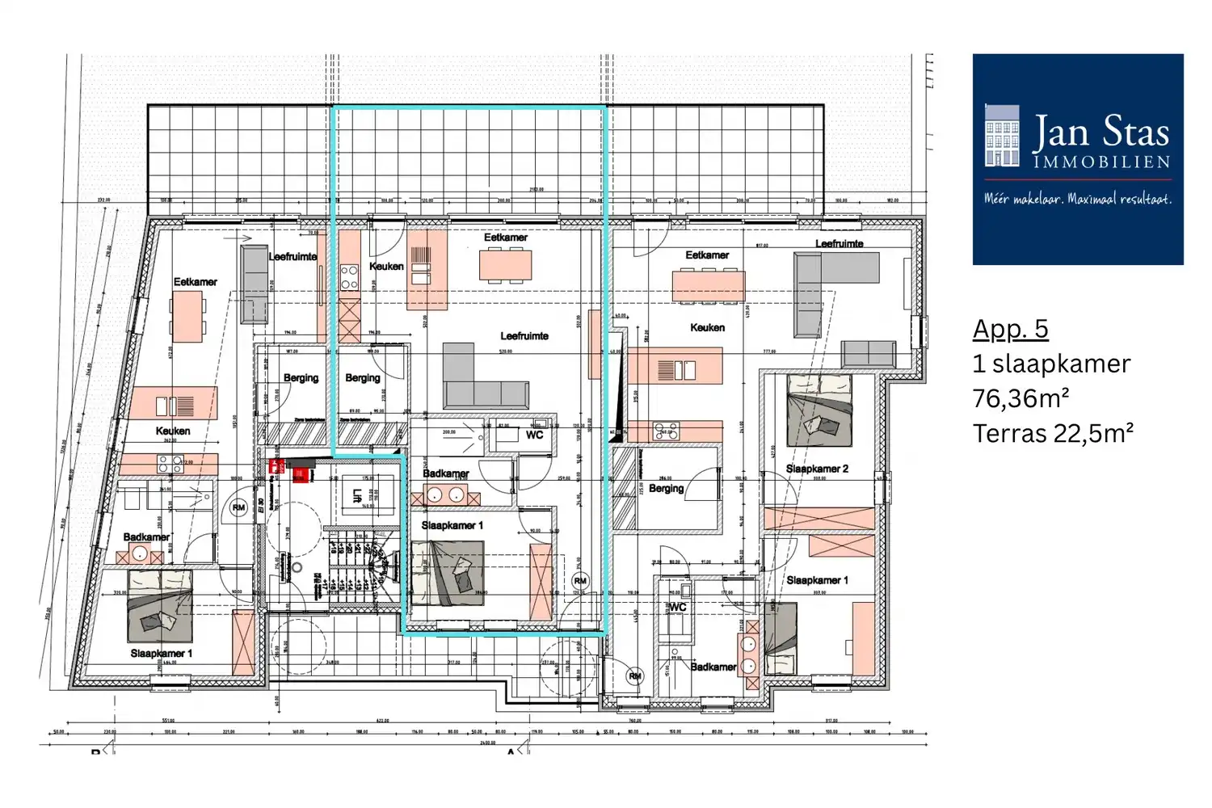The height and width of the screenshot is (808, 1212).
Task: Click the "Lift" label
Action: (357, 496)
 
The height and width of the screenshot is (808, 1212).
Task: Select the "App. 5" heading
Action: (1010, 329)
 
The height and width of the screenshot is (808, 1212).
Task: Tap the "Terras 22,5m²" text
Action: (1053, 434)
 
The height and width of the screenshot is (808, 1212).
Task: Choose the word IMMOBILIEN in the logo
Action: (1102, 162)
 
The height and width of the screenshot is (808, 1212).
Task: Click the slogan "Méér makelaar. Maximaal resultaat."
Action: (1077, 199)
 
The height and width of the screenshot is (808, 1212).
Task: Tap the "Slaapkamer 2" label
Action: (817, 469)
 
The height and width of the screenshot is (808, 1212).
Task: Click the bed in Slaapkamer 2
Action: (819, 410)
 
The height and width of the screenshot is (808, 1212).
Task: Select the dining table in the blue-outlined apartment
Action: (506, 264)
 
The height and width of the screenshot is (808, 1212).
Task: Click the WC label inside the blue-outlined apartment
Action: (535, 435)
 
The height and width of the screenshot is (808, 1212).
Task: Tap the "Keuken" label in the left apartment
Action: (173, 431)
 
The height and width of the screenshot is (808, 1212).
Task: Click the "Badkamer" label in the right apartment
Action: (713, 667)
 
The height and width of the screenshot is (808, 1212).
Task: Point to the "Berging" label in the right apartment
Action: (666, 488)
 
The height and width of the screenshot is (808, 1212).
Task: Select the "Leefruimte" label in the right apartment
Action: (839, 243)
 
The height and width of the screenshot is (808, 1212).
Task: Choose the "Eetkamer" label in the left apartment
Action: (195, 282)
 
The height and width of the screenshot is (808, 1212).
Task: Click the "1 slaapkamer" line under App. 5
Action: (1051, 364)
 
